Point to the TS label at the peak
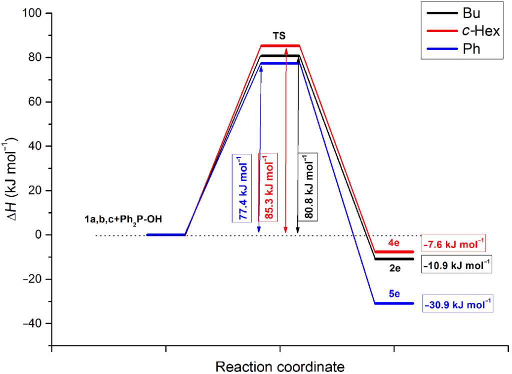click(280, 36)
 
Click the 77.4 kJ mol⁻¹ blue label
click(241, 187)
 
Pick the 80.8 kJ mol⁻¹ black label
click(307, 187)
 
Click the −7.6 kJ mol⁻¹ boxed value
click(454, 243)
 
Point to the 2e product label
click(394, 268)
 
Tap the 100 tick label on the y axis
click(34, 13)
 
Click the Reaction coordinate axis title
click(279, 366)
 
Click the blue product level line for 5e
click(394, 303)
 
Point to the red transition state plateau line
click(280, 45)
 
